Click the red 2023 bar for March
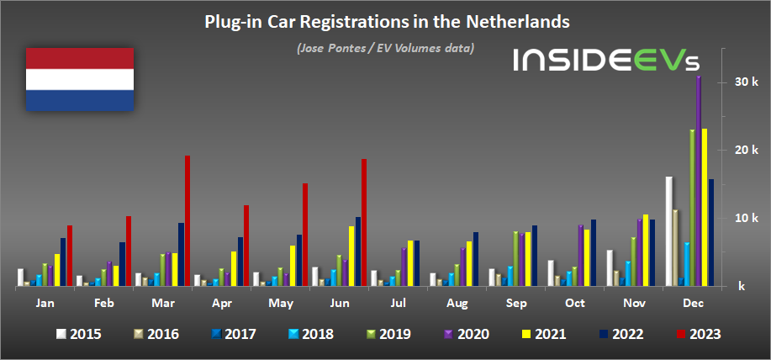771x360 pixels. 187,220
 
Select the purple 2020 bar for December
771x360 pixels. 698,181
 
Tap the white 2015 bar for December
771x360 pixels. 668,231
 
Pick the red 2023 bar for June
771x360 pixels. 363,222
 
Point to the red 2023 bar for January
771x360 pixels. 70,256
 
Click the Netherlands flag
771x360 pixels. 80,79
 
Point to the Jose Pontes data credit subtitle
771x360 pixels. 385,48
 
